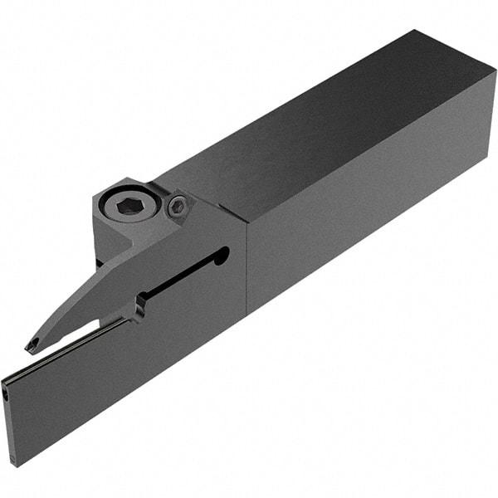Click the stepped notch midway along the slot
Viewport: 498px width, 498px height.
click(139, 308)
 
